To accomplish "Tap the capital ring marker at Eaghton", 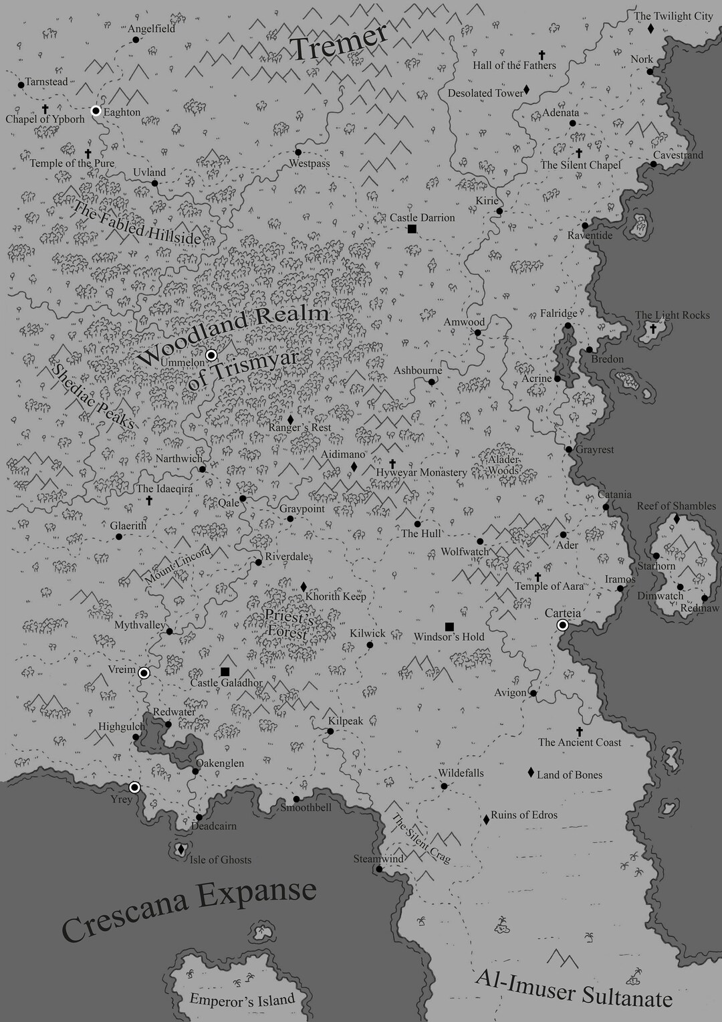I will point(96,110).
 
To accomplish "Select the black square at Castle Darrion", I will point(412,229).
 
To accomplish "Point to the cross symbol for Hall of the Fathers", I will point(540,55).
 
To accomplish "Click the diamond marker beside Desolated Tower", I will point(527,90).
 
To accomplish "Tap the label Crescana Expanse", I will point(189,910).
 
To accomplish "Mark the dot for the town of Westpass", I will point(298,152).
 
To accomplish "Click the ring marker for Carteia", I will point(563,625).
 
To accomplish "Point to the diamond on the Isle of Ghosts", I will point(180,850).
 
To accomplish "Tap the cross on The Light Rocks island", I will point(652,328).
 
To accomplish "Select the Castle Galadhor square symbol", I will point(225,672).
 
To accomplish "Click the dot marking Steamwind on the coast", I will point(379,870).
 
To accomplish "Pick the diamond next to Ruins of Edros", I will point(486,819).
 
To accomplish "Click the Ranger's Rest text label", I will point(300,427).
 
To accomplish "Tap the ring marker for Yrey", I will point(135,787).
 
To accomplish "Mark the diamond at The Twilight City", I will point(650,29).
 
